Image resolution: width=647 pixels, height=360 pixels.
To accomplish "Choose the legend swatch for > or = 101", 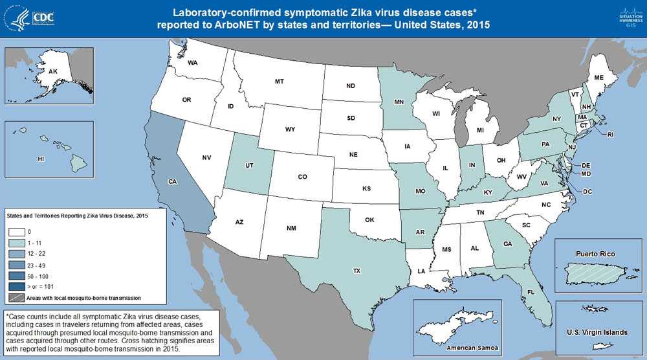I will [16, 286].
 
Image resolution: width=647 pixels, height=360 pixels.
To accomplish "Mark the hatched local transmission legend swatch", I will [16, 297].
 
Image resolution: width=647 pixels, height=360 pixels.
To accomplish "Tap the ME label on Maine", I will [598, 77].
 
